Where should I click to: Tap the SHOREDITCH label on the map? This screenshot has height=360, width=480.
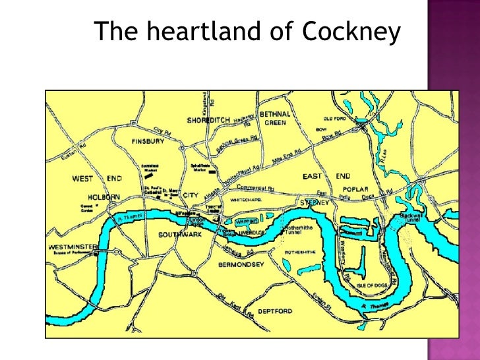(208, 120)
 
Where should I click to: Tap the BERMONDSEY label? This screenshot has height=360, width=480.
(241, 264)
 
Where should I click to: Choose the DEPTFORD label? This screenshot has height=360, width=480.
(275, 311)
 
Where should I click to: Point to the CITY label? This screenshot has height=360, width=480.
(191, 195)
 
